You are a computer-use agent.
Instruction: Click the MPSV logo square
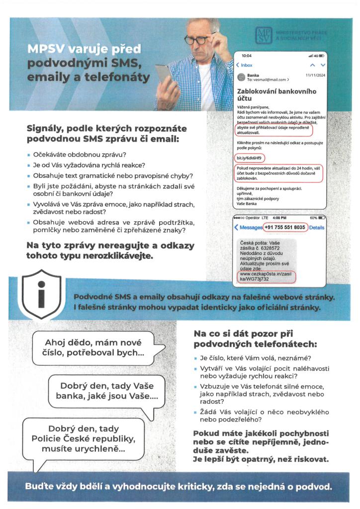264,35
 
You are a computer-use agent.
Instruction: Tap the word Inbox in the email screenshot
246,65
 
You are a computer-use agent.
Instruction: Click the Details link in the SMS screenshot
317,227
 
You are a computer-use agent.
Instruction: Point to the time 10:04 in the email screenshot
247,55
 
